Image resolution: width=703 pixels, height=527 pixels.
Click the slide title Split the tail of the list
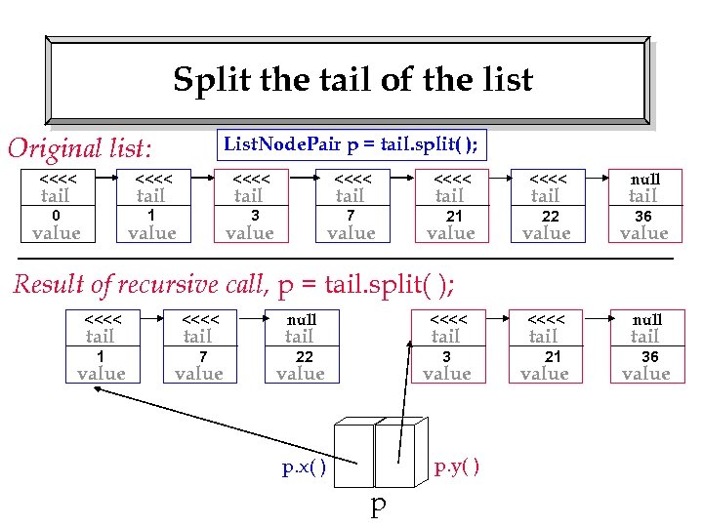pos(352,79)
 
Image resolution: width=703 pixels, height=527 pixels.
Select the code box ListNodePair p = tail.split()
pos(351,145)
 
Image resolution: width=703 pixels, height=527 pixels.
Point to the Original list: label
pos(80,148)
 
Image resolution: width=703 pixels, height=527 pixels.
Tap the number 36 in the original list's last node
pos(643,217)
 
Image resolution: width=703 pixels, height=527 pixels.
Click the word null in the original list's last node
pos(644,180)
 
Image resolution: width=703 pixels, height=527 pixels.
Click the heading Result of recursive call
pos(232,284)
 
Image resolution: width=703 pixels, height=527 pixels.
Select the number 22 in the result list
pos(305,357)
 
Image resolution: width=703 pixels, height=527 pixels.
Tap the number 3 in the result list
pos(446,357)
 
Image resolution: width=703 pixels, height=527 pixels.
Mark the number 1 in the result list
pos(101,357)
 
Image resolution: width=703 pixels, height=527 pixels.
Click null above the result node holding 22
pos(301,320)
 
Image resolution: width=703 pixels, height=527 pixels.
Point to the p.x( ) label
pos(304,467)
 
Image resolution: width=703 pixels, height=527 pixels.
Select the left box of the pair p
pos(354,454)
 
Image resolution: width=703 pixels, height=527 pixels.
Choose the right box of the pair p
pos(395,454)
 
